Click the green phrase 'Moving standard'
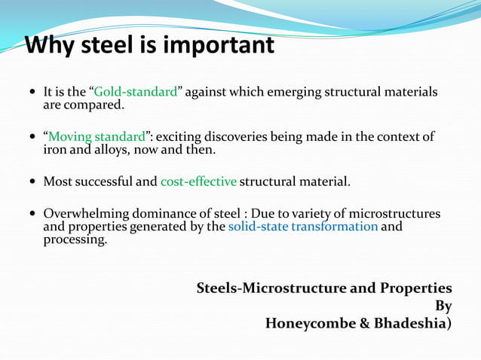[96, 137]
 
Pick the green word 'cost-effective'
[198, 182]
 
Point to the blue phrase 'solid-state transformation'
[302, 227]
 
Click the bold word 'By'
[443, 307]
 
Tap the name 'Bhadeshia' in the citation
[408, 324]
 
